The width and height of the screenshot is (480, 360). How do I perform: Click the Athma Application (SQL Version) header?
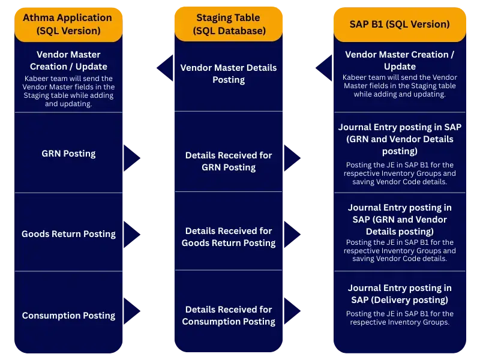tap(68, 24)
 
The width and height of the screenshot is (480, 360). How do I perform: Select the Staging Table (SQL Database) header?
tap(228, 24)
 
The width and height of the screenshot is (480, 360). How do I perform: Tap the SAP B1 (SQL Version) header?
tap(400, 25)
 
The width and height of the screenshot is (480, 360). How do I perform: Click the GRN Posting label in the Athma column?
tap(68, 154)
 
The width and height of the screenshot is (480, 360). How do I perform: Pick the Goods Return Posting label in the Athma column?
tap(68, 234)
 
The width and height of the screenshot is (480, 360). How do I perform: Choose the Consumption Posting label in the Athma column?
tap(68, 316)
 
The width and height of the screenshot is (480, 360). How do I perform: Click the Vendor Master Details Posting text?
tap(228, 74)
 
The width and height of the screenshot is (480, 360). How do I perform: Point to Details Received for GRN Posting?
tap(228, 161)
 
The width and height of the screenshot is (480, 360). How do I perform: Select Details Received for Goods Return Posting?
tap(228, 237)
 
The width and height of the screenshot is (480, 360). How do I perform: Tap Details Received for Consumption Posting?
tap(228, 316)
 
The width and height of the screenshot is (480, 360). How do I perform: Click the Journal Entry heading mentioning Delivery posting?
tap(400, 294)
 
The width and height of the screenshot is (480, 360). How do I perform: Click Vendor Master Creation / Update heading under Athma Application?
tap(68, 61)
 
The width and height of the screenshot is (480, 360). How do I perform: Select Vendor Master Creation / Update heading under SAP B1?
tap(400, 61)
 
